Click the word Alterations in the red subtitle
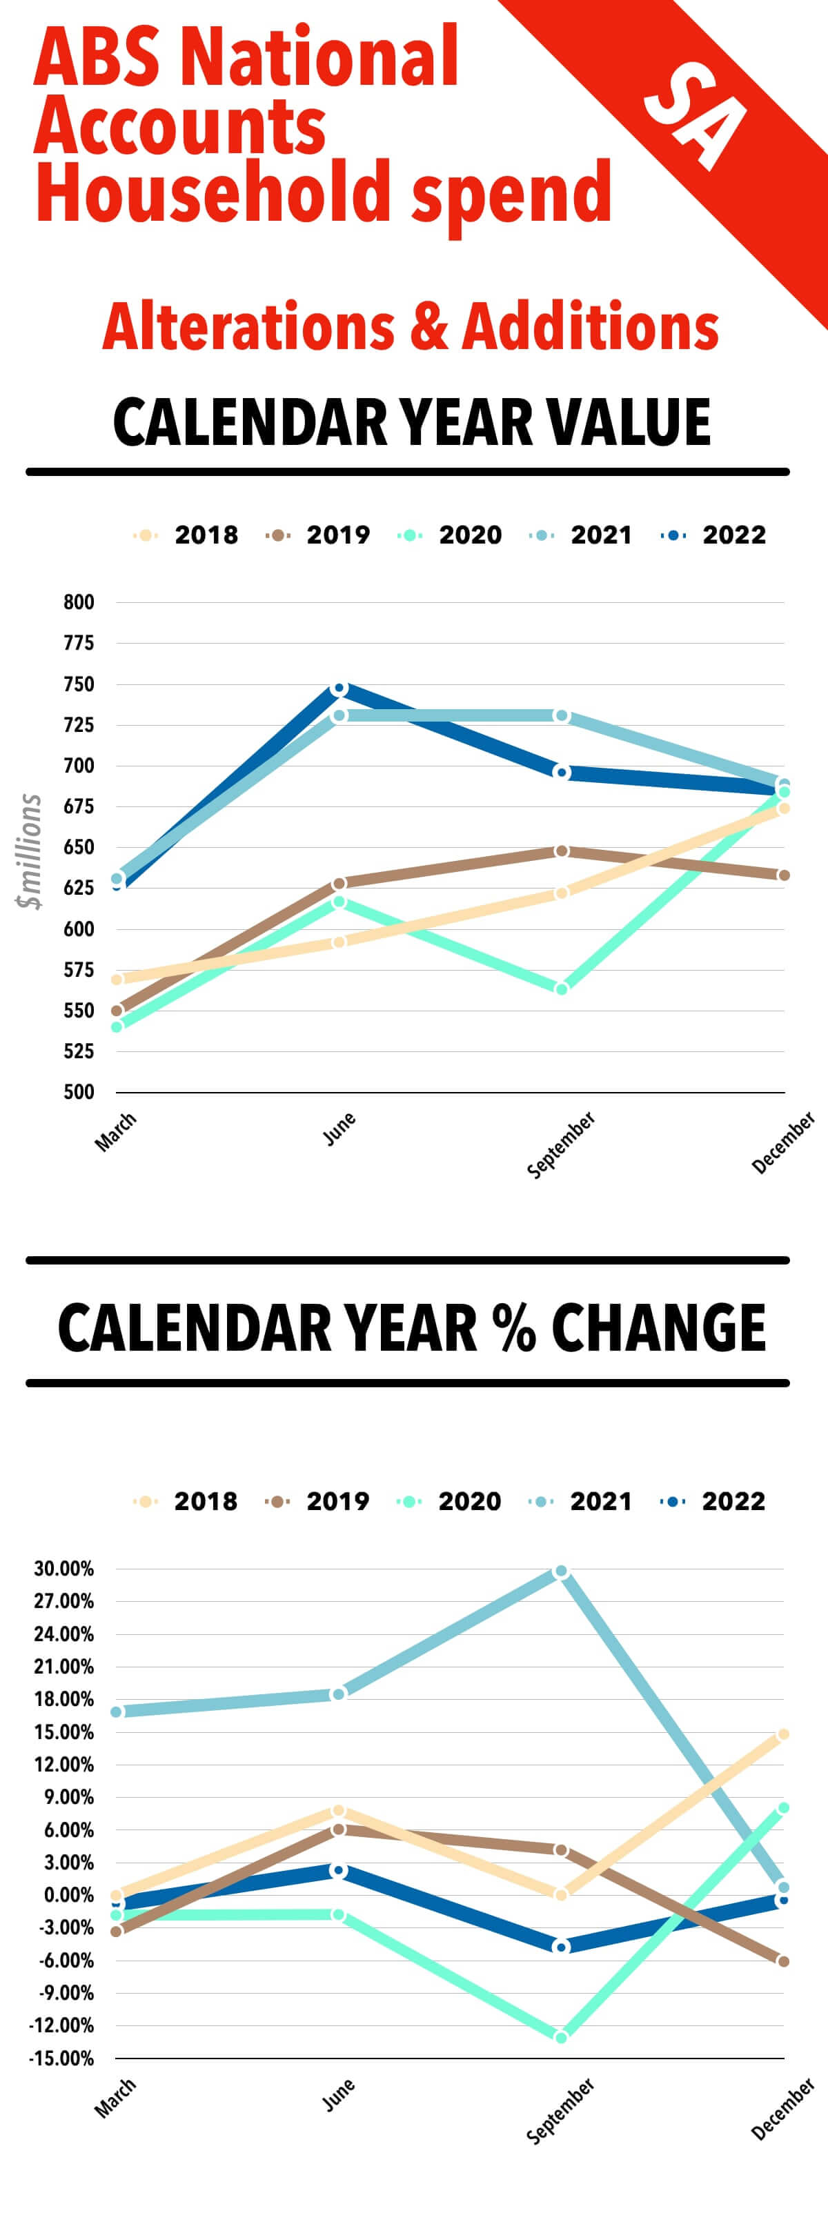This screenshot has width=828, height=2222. point(248,327)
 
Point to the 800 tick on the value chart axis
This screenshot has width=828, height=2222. point(79,602)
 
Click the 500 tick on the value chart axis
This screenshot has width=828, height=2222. point(79,1092)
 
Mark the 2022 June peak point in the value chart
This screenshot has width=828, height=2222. point(339,688)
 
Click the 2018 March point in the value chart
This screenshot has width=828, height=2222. point(117,979)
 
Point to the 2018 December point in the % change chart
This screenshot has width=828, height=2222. point(783,1734)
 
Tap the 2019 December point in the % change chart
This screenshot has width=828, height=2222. point(783,1961)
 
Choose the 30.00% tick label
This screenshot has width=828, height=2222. point(63,1569)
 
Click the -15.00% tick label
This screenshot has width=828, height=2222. point(61,2058)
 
